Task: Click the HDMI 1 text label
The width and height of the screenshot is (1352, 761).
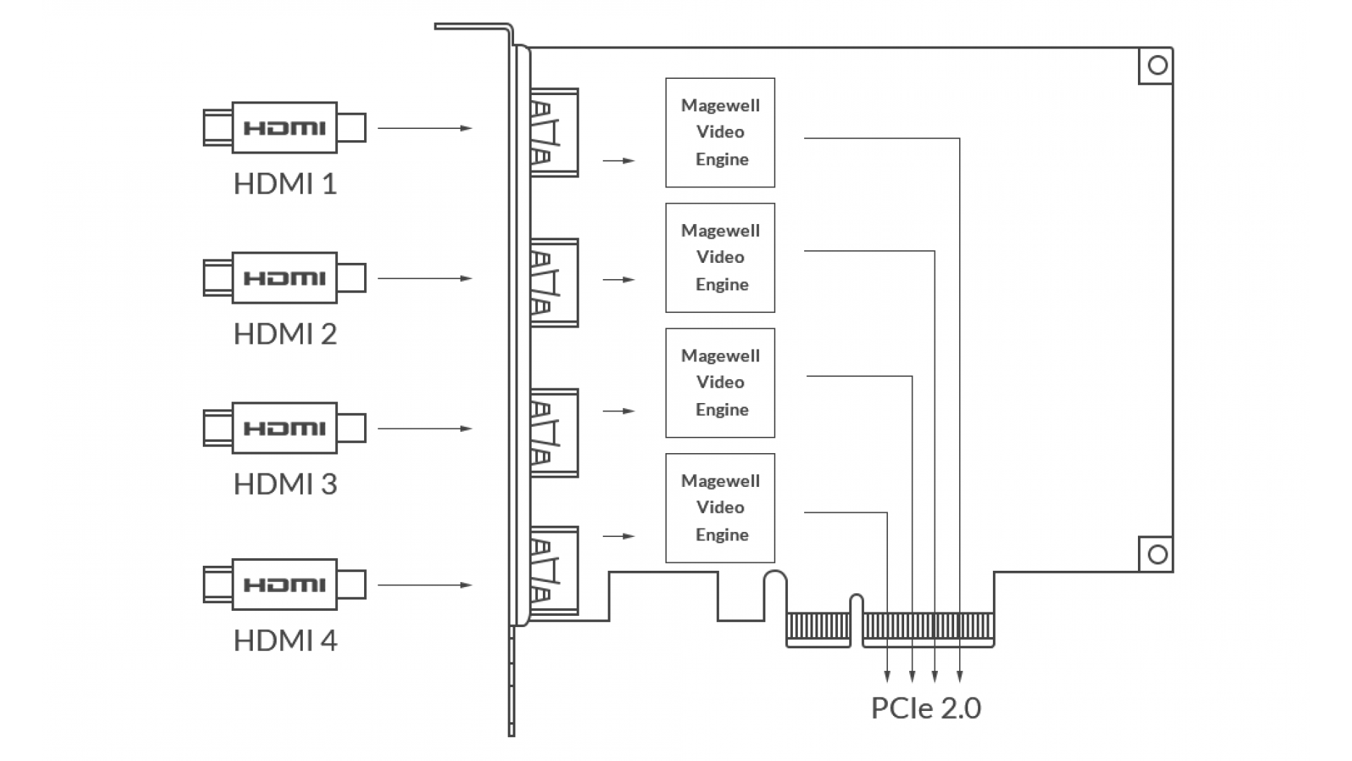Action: [x=285, y=184]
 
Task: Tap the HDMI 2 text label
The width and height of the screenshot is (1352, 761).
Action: [x=285, y=334]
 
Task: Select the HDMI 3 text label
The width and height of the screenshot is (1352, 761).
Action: [x=285, y=484]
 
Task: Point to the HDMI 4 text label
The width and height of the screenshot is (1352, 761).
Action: [x=285, y=641]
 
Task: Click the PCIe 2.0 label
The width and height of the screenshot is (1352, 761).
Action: [x=926, y=708]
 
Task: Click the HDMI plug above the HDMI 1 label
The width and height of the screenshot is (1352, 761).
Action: [x=284, y=128]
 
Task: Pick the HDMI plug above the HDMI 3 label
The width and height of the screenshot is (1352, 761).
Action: [x=284, y=428]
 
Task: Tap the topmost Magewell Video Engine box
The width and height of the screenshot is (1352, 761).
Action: [x=720, y=132]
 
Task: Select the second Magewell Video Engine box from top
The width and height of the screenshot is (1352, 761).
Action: [x=720, y=258]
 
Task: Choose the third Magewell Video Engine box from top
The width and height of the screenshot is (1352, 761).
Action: [x=720, y=383]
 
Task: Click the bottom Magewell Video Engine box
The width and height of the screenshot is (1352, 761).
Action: [x=720, y=508]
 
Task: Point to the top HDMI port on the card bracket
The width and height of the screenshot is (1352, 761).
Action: [x=554, y=132]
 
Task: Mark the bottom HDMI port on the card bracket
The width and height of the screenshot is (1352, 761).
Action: [x=554, y=571]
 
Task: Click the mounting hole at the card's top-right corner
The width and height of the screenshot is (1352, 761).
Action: [x=1158, y=66]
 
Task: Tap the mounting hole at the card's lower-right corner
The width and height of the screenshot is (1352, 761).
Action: [x=1158, y=555]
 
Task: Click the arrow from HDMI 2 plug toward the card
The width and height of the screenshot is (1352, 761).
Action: [x=425, y=278]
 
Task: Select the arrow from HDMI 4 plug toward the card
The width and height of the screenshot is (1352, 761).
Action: [x=425, y=585]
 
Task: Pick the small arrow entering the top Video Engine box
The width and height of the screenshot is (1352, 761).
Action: [x=619, y=161]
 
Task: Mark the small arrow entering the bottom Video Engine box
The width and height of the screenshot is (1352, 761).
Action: [x=619, y=536]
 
